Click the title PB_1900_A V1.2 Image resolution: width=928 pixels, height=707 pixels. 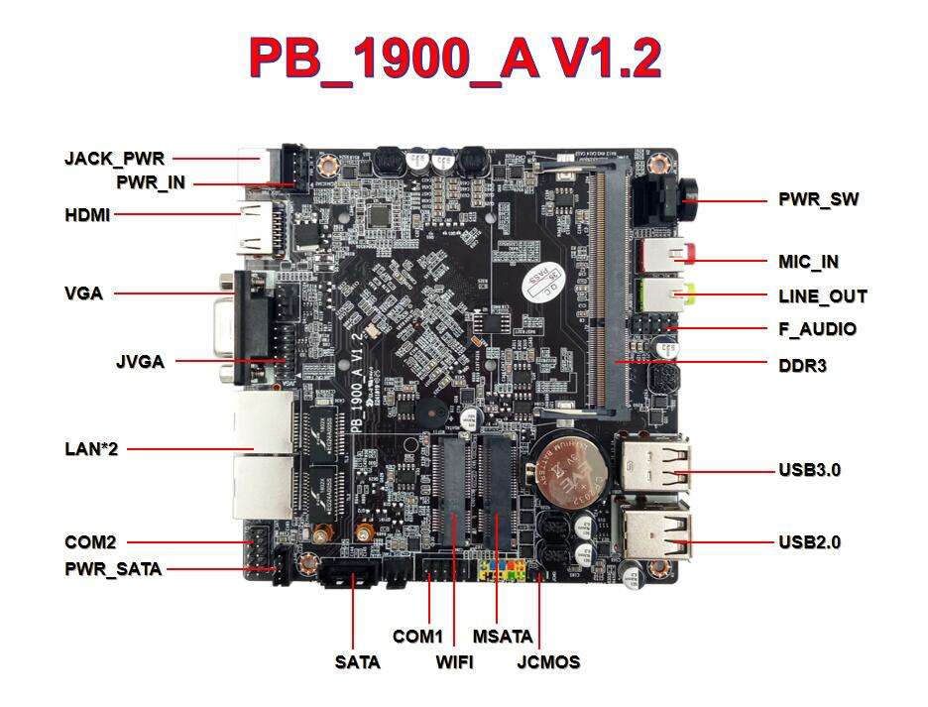[454, 59]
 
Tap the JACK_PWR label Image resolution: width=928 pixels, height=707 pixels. [114, 158]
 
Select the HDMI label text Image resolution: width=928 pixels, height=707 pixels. [87, 214]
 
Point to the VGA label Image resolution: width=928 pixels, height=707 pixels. [83, 294]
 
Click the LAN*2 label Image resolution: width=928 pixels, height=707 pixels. [91, 449]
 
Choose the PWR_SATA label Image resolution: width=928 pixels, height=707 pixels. [113, 569]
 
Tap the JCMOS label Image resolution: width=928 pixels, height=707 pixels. [548, 662]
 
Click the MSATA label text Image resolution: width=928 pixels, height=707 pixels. [502, 636]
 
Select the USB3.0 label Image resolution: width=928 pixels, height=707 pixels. [809, 469]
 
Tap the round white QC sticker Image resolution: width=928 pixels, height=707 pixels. [541, 284]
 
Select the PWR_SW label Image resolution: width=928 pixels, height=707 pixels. [818, 199]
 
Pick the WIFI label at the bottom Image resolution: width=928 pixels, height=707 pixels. [454, 662]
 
